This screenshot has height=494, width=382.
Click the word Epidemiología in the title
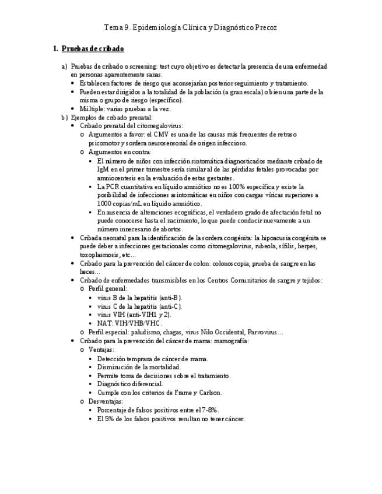tap(146, 27)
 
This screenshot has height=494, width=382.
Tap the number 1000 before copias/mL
tap(105, 203)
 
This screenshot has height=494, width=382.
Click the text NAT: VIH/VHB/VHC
tap(129, 323)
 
